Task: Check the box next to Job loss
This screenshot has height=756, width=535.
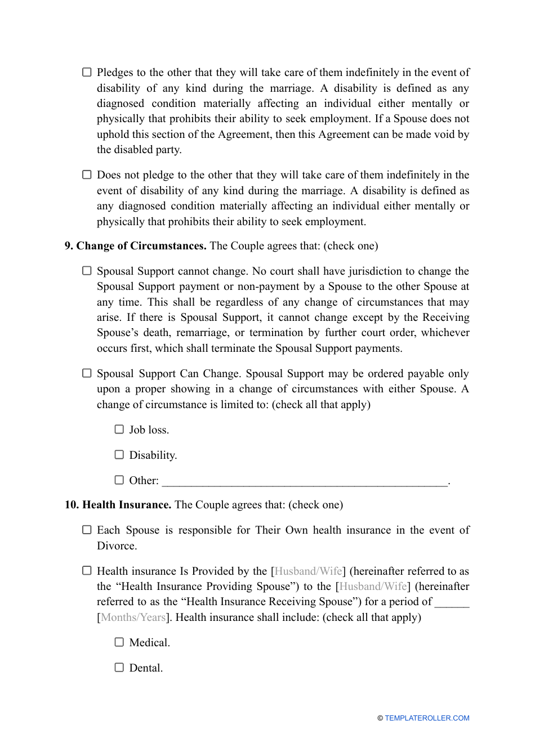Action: click(x=119, y=430)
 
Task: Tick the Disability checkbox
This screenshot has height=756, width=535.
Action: click(x=119, y=454)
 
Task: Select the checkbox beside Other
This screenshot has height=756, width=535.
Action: click(x=119, y=480)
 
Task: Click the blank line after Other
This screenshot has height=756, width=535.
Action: click(x=304, y=481)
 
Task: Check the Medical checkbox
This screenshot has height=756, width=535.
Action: click(x=119, y=642)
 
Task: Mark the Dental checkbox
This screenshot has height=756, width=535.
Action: click(x=119, y=668)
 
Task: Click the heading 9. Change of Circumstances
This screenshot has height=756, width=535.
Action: click(x=135, y=246)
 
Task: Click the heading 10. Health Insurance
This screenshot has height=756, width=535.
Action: click(x=118, y=505)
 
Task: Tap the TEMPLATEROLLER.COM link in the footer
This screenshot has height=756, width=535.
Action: click(x=426, y=718)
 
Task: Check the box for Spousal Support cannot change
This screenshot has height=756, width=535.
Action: click(x=87, y=271)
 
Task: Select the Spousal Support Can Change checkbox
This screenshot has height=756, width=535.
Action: click(x=87, y=373)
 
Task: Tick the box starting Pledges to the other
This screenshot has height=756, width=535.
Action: click(x=87, y=72)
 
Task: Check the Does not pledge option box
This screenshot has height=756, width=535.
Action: click(x=87, y=175)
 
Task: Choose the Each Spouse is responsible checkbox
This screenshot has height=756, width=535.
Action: click(x=87, y=530)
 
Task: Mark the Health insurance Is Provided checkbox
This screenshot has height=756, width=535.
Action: click(x=87, y=571)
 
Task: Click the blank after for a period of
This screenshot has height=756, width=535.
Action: click(x=452, y=602)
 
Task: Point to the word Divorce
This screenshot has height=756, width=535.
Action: click(x=115, y=546)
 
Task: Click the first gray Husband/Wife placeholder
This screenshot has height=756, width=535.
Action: click(x=308, y=571)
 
